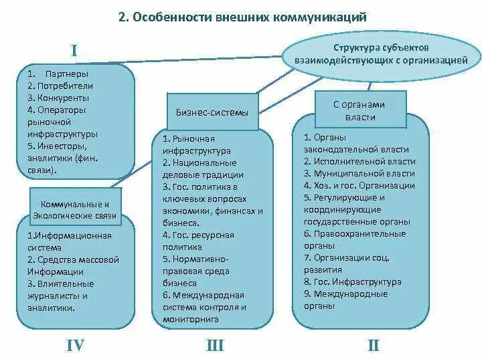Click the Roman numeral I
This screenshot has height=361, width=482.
click(75, 51)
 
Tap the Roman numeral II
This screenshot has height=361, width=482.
click(373, 345)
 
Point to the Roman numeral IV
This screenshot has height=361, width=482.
click(75, 345)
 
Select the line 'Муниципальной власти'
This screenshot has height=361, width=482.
click(363, 174)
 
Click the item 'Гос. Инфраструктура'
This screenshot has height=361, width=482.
click(356, 282)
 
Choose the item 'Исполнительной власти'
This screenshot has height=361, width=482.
click(363, 162)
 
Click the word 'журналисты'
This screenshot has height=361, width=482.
click(58, 295)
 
